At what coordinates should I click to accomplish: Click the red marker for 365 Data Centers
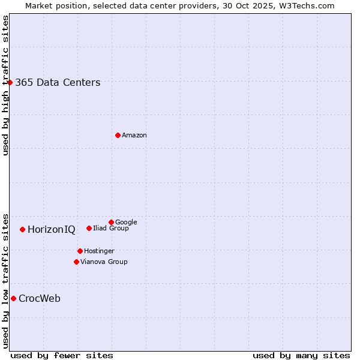(10, 82)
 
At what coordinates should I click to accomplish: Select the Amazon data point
(118, 135)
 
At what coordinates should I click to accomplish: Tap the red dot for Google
(111, 222)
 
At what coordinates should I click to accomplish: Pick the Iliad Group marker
(89, 228)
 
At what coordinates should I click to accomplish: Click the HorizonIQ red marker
(22, 229)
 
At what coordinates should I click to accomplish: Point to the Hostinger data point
(80, 251)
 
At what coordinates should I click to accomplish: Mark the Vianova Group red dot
(76, 262)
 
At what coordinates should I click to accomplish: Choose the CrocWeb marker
(13, 298)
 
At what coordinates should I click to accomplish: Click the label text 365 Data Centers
(58, 83)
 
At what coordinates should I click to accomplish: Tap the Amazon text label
(134, 136)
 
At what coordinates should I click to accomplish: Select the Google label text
(126, 222)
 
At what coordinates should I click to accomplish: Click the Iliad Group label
(111, 228)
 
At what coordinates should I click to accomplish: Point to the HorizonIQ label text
(52, 230)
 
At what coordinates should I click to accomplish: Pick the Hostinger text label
(99, 251)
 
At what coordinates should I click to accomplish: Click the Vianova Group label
(104, 262)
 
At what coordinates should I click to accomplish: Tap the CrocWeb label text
(40, 299)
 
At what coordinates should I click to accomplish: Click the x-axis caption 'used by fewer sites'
(62, 355)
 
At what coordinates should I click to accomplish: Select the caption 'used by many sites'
(301, 355)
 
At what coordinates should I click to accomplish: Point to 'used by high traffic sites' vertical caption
(5, 85)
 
